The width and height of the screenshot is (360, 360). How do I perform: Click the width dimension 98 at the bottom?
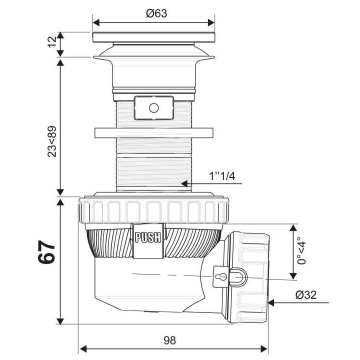tap(169, 340)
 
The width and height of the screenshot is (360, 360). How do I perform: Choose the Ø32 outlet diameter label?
tap(305, 294)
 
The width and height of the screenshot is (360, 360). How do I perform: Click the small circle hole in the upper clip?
tap(153, 107)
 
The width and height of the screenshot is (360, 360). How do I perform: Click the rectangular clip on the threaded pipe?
tap(153, 107)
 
